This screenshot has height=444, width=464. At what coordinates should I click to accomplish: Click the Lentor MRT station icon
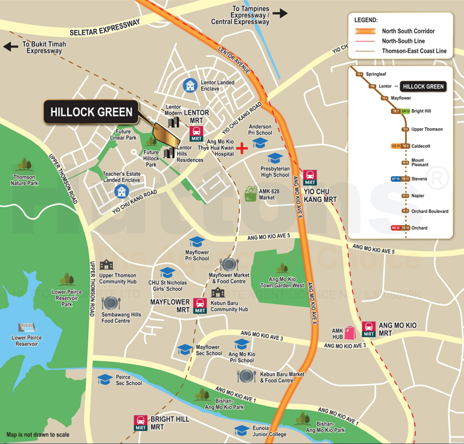196,134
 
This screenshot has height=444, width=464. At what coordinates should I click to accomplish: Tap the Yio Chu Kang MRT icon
311,177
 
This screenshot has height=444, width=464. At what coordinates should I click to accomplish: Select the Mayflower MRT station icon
200,306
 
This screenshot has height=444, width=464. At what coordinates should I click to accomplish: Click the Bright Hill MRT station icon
141,422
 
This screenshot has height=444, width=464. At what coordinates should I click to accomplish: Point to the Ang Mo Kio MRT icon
369,329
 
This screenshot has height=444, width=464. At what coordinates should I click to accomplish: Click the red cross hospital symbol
243,148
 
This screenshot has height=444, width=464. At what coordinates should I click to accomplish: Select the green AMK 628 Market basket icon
251,192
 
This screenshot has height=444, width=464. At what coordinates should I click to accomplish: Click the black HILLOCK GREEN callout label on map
91,112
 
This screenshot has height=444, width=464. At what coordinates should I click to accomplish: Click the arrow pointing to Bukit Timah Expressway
11,47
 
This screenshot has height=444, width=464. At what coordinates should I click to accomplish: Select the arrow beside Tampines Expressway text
280,14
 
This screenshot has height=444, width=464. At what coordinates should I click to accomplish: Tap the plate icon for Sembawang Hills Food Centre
109,303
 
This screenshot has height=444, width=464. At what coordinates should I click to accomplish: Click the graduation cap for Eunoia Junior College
242,430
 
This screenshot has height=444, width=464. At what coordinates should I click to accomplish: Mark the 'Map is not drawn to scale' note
38,434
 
